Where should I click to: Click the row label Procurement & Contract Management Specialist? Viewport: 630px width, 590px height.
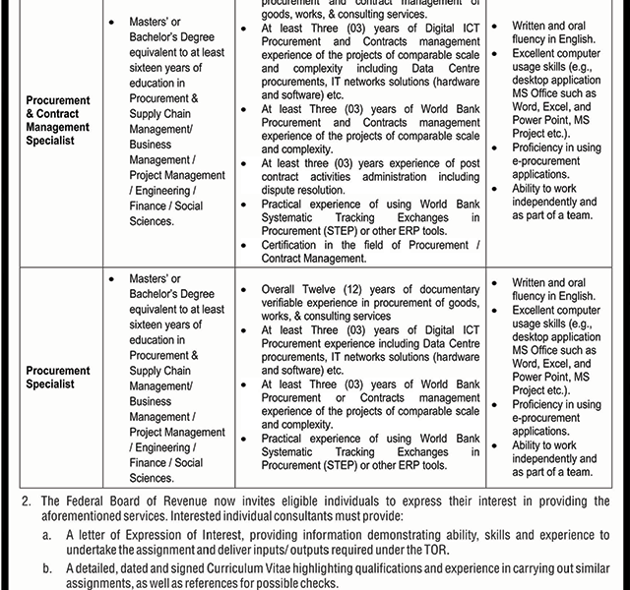(x=58, y=121)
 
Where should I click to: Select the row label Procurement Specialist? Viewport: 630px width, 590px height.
(x=58, y=378)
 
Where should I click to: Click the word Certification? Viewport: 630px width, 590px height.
(x=297, y=245)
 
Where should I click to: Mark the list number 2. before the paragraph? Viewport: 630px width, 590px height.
(x=27, y=501)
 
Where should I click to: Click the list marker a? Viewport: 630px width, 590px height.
(x=46, y=534)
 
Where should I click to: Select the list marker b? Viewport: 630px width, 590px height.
(x=46, y=568)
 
